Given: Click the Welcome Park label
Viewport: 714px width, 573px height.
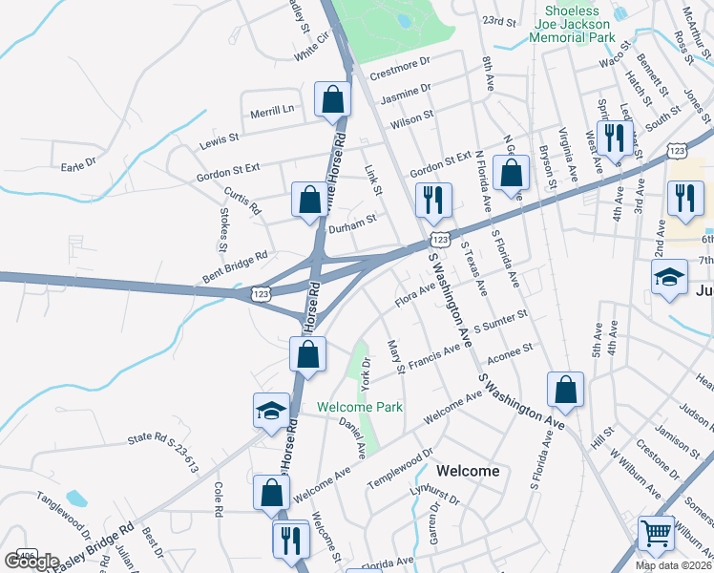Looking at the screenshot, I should [x=360, y=407].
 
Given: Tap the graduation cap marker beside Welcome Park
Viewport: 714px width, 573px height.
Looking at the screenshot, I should [x=270, y=411].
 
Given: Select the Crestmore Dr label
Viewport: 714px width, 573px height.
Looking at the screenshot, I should [x=400, y=67].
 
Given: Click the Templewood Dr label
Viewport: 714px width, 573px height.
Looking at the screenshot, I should [x=401, y=466].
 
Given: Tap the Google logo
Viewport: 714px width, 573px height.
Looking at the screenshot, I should [x=31, y=562].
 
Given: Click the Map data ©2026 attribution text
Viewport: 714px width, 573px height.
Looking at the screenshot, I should [x=674, y=565].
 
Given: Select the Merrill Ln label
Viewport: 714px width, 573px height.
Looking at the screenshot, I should [x=272, y=110].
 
